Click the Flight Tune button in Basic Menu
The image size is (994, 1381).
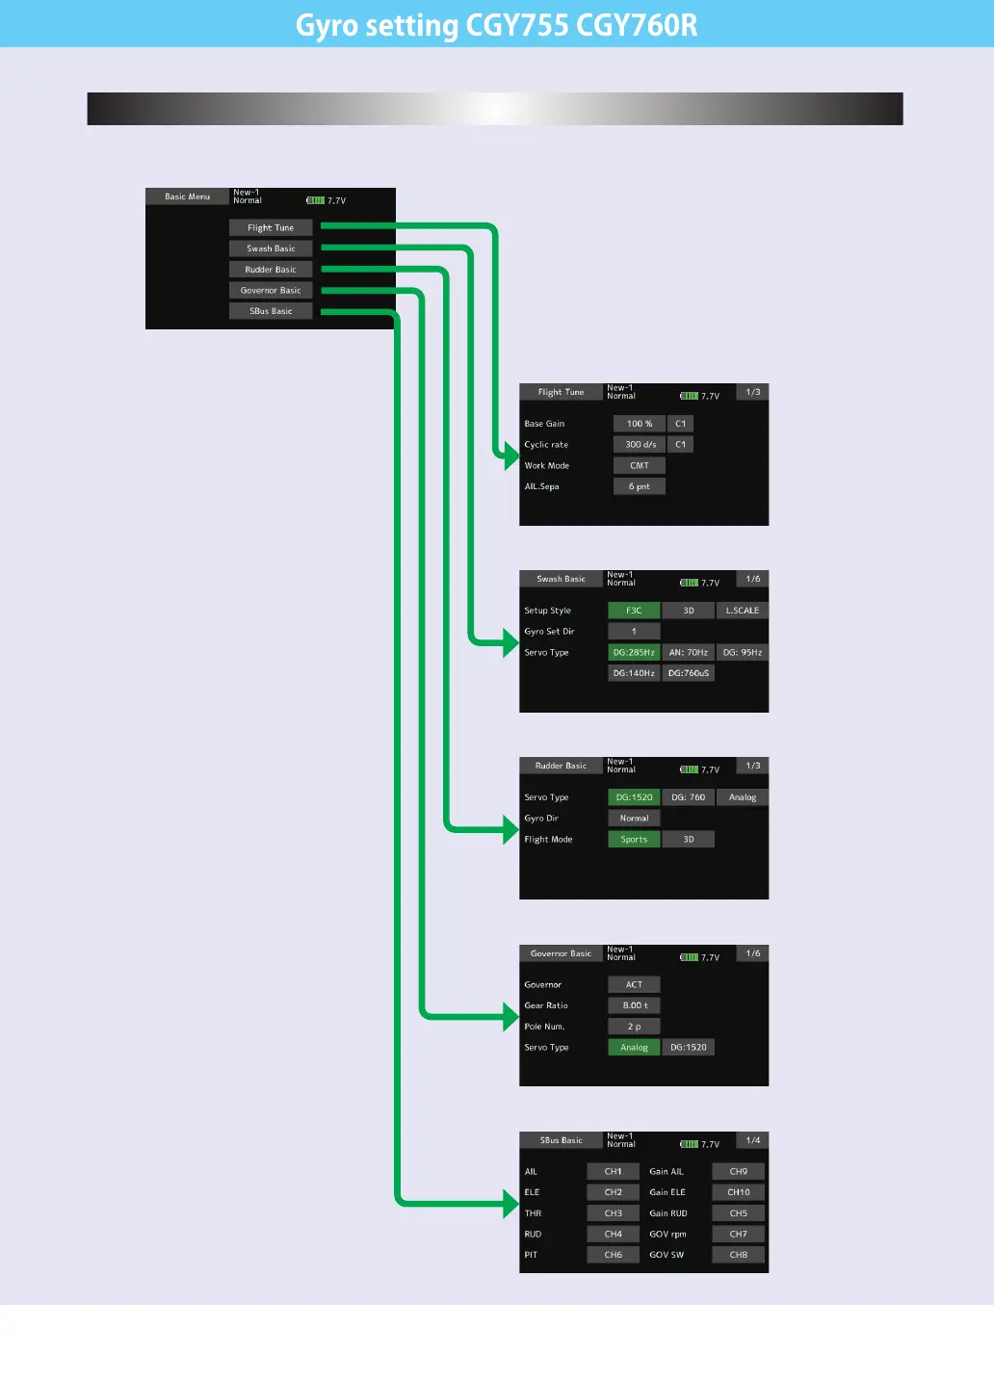[x=271, y=228]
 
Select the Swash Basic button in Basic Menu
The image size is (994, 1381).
[x=271, y=248]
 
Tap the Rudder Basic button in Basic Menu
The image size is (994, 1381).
[x=271, y=270]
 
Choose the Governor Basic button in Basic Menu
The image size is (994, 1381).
[x=271, y=290]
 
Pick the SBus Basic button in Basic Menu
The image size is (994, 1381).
[x=271, y=311]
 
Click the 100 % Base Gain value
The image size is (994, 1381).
[x=640, y=424]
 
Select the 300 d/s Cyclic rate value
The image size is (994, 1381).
[x=640, y=445]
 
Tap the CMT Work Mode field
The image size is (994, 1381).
[x=640, y=465]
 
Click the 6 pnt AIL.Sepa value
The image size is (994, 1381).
[x=640, y=486]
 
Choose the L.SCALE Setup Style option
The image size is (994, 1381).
[x=743, y=611]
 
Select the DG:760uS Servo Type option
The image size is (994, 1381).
[x=689, y=673]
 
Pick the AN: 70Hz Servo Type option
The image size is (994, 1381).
[x=689, y=653]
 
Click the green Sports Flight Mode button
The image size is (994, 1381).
[x=634, y=840]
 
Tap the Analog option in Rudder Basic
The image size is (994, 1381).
[x=743, y=797]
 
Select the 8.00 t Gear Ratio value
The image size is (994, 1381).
[x=635, y=1005]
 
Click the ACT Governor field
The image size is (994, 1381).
[x=634, y=984]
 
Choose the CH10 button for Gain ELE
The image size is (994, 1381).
[x=739, y=1192]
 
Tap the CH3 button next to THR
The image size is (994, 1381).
[x=614, y=1213]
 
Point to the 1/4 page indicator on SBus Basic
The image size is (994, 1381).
[x=753, y=1140]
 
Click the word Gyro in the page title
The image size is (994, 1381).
[x=327, y=25]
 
